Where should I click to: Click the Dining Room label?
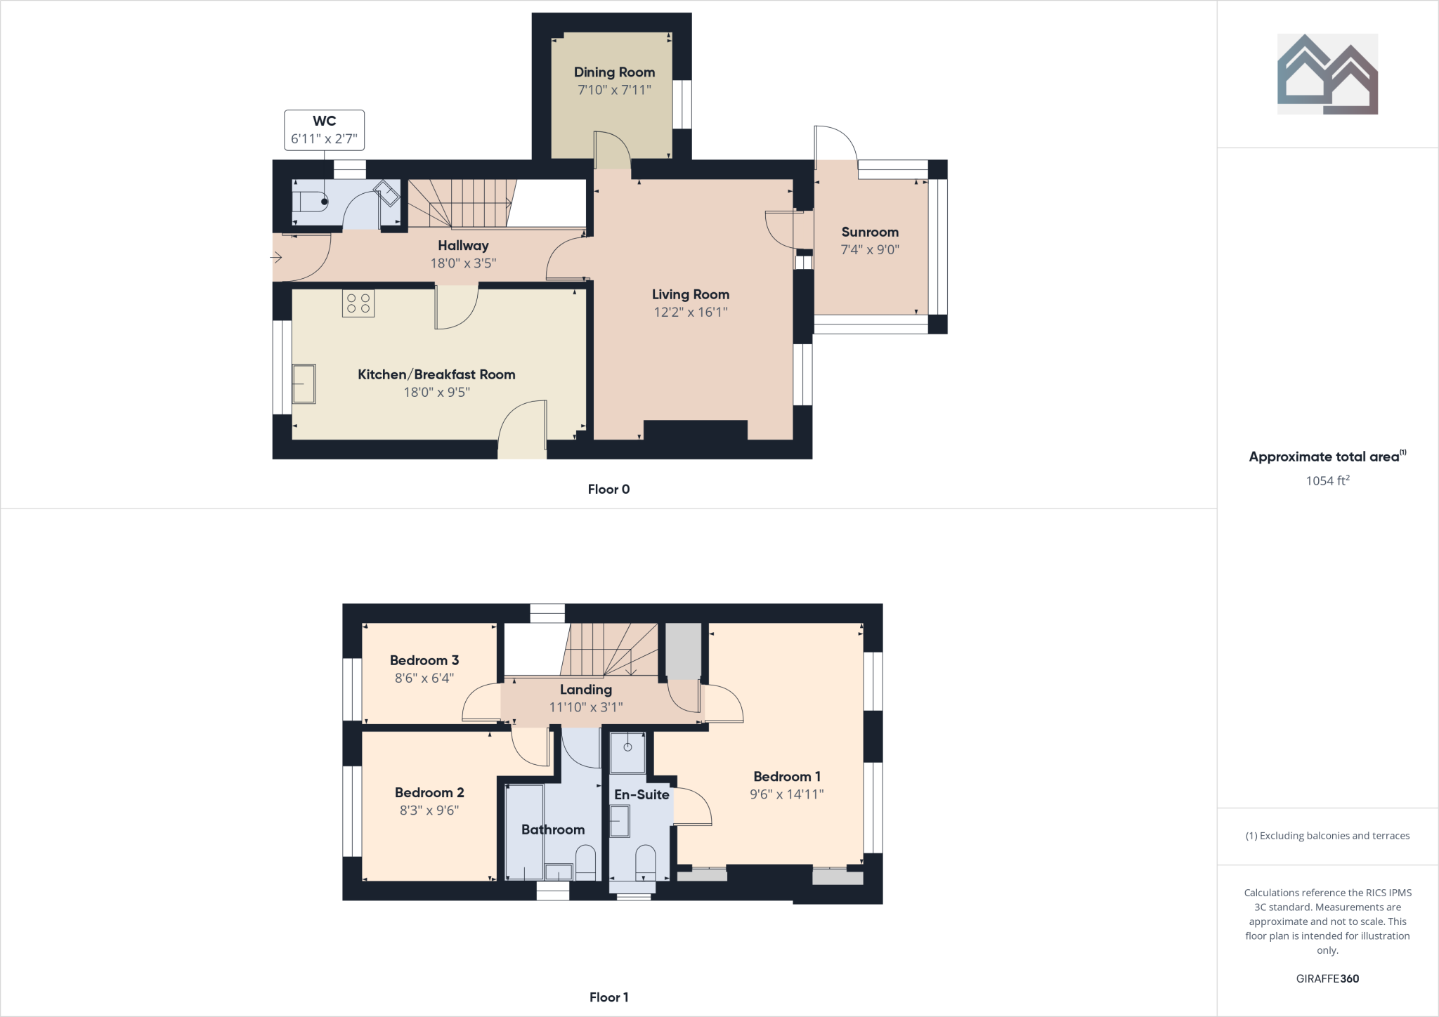(x=614, y=72)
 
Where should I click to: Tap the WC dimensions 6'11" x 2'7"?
(x=324, y=139)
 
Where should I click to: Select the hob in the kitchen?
(x=358, y=303)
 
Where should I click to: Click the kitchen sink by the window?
(x=304, y=383)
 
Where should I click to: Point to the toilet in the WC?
(x=310, y=202)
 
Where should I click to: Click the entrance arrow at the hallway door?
(x=277, y=258)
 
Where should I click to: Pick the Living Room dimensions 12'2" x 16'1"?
(x=690, y=313)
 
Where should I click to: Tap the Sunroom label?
(x=870, y=232)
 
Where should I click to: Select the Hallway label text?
(x=463, y=246)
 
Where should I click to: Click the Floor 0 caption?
(x=608, y=490)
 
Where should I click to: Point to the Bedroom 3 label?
(x=424, y=660)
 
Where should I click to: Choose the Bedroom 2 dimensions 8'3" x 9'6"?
(x=429, y=811)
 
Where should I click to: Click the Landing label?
(x=586, y=690)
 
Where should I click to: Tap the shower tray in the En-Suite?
(x=627, y=752)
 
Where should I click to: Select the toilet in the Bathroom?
(x=586, y=862)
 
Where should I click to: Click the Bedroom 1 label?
(x=787, y=777)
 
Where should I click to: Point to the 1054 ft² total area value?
(x=1327, y=481)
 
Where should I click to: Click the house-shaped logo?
(x=1327, y=74)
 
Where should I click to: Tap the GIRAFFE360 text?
(x=1327, y=978)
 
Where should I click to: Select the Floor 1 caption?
(x=608, y=997)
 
